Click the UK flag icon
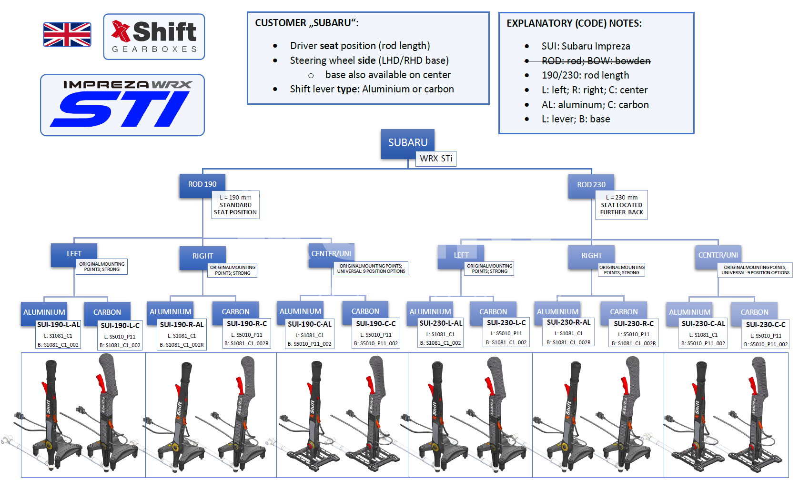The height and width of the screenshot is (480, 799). pyautogui.click(x=67, y=35)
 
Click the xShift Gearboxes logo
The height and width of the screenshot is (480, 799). pyautogui.click(x=154, y=37)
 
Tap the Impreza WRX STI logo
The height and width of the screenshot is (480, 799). pyautogui.click(x=122, y=105)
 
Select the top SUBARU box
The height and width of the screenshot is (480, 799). pyautogui.click(x=408, y=143)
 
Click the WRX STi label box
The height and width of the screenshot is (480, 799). pyautogui.click(x=436, y=159)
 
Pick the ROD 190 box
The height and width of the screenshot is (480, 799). pyautogui.click(x=202, y=184)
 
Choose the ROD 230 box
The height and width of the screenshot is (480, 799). pyautogui.click(x=591, y=185)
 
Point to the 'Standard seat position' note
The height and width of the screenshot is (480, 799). pyautogui.click(x=235, y=205)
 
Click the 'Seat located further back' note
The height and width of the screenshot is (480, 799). pyautogui.click(x=621, y=205)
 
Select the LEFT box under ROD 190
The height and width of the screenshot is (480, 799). pyautogui.click(x=74, y=254)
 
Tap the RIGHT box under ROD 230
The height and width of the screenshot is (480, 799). pyautogui.click(x=591, y=256)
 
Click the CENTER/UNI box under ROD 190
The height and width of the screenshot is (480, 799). pyautogui.click(x=331, y=254)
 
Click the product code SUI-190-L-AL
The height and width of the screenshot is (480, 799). pyautogui.click(x=59, y=324)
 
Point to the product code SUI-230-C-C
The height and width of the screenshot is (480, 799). pyautogui.click(x=766, y=325)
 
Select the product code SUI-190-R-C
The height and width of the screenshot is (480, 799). pyautogui.click(x=247, y=324)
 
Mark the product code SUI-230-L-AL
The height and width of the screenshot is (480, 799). pyautogui.click(x=441, y=323)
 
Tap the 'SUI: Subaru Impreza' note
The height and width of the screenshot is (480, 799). pyautogui.click(x=586, y=46)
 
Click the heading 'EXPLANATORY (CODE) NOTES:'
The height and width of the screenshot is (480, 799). pyautogui.click(x=574, y=23)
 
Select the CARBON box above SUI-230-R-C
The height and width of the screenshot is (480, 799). pyautogui.click(x=624, y=312)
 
